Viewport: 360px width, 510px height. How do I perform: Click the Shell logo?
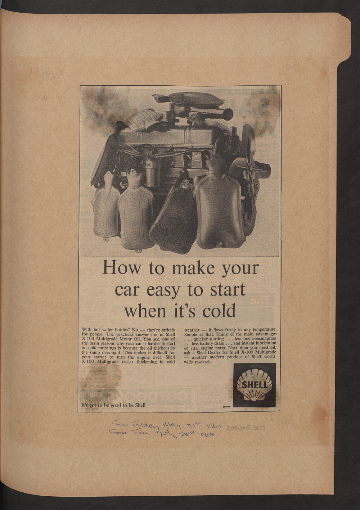(x=255, y=385)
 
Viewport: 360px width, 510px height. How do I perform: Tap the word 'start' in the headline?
(x=226, y=289)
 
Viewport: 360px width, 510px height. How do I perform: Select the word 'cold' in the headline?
(x=219, y=311)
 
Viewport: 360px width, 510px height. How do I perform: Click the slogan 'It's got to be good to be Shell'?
(x=113, y=405)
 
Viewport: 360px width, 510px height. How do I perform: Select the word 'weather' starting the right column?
(x=192, y=330)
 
